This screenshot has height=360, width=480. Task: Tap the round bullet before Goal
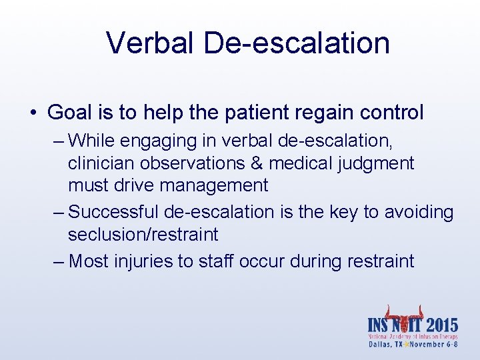[33, 113]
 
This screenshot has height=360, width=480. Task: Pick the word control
[393, 113]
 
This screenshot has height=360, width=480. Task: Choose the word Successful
[114, 213]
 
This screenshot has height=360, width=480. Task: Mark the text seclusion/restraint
[143, 235]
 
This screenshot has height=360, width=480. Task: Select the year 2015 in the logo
[438, 326]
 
